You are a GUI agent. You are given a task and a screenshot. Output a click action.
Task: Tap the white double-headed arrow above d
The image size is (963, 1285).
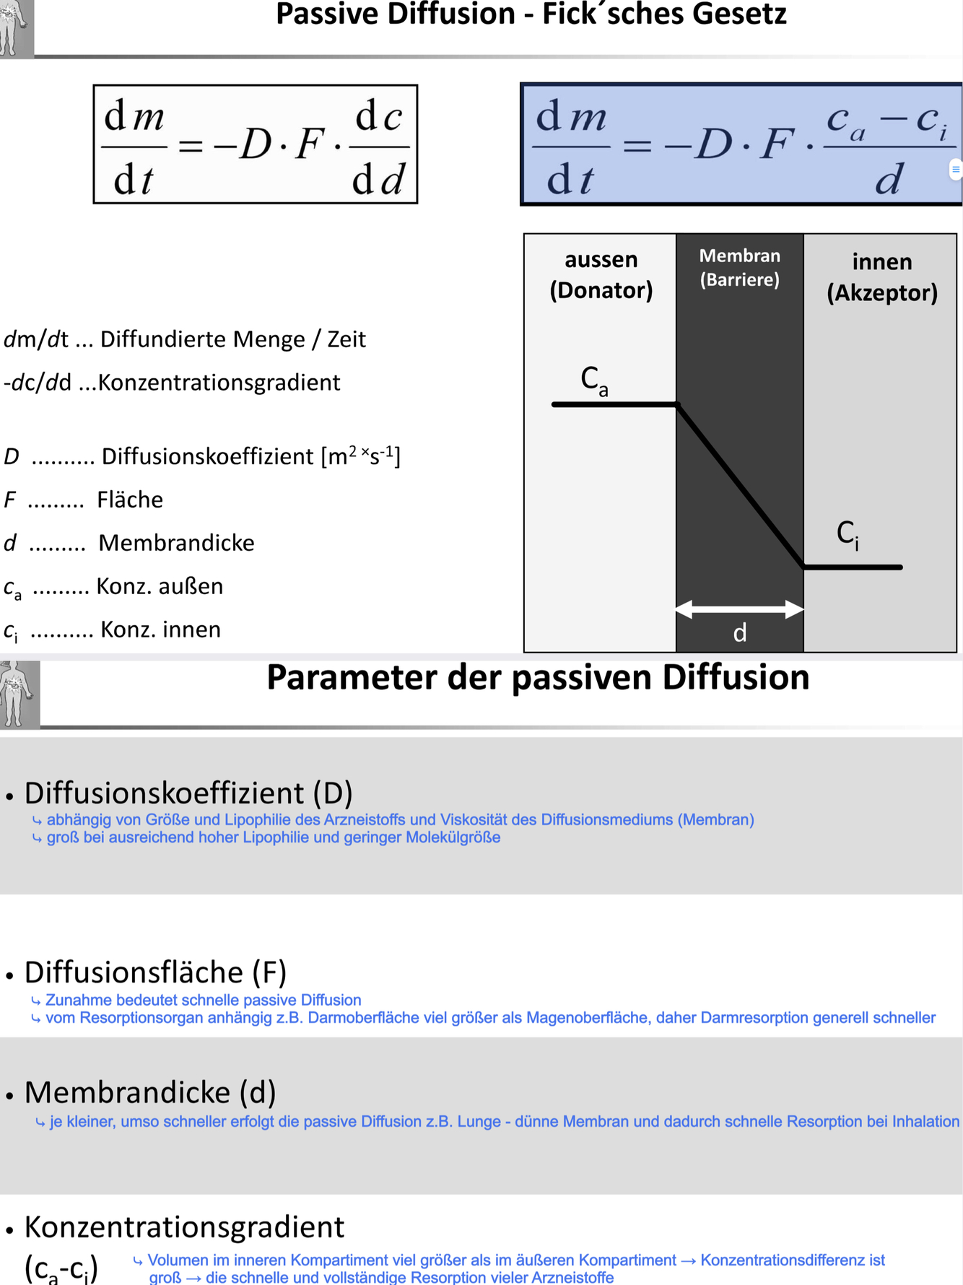click(739, 609)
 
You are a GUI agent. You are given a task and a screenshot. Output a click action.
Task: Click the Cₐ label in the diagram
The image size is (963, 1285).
click(594, 380)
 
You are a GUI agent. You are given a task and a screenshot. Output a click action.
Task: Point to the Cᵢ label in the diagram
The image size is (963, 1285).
click(847, 534)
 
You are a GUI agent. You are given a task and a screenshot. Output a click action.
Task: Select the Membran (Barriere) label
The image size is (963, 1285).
click(739, 267)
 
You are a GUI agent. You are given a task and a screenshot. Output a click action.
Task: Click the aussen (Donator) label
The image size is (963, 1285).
click(601, 274)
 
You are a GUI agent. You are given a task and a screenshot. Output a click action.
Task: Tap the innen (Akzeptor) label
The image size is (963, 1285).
click(881, 276)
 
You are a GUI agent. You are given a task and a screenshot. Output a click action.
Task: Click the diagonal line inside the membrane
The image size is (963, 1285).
click(739, 485)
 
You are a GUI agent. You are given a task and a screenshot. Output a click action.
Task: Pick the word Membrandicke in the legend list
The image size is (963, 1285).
click(176, 543)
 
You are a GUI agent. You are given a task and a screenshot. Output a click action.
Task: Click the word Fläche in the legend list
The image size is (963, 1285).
click(130, 500)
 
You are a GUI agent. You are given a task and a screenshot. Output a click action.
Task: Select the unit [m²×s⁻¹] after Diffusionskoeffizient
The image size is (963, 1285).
click(360, 456)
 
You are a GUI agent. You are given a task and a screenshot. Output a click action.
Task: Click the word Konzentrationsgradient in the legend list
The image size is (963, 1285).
click(219, 383)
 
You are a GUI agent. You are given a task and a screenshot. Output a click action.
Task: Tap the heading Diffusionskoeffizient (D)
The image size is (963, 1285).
click(188, 793)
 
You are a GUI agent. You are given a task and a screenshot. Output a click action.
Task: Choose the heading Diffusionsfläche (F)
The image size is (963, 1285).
click(155, 972)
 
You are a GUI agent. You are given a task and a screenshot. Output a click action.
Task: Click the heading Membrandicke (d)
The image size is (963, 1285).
click(150, 1092)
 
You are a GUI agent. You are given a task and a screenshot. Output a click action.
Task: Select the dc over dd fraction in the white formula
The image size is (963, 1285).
click(378, 147)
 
